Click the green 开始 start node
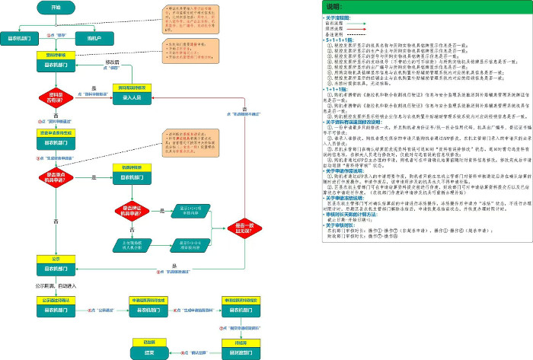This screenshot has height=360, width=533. click(56, 7)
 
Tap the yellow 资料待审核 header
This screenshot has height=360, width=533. click(56, 56)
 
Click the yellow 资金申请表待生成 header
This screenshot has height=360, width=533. click(56, 133)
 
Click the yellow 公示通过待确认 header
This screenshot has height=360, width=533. click(56, 300)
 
